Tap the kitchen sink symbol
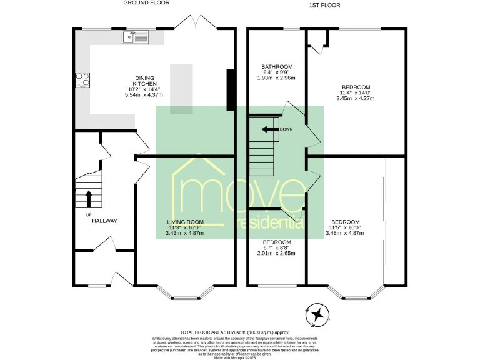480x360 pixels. click(137, 37)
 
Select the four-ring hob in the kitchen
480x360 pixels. click(82, 79)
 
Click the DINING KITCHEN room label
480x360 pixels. click(144, 78)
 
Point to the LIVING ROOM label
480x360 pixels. click(185, 222)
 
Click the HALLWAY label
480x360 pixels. click(104, 221)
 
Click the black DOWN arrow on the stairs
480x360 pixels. click(270, 129)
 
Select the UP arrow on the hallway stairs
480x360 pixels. click(88, 199)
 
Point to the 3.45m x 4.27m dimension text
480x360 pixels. click(356, 98)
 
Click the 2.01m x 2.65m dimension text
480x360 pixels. click(277, 253)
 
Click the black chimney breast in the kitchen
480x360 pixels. click(231, 90)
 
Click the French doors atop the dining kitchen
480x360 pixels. click(196, 22)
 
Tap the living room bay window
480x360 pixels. click(186, 292)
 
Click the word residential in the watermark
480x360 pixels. click(269, 222)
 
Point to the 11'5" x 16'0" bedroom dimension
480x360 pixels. click(345, 227)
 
